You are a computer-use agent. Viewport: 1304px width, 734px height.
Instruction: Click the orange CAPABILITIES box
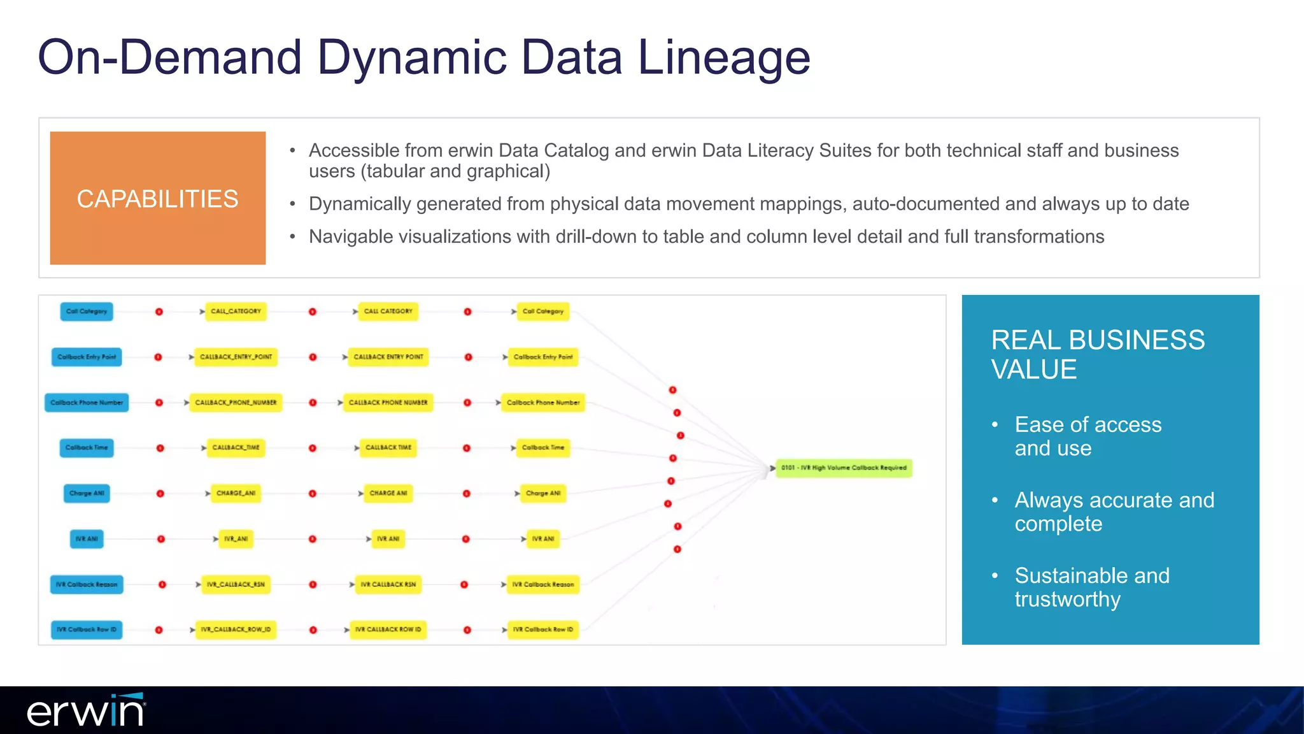157,198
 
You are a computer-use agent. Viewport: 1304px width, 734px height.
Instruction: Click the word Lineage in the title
723,57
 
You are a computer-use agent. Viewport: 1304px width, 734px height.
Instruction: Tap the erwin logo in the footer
86,710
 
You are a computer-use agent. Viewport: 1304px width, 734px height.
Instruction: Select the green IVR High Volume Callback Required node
844,468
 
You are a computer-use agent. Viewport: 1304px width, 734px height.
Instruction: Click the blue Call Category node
87,312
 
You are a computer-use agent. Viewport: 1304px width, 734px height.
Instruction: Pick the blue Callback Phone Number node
87,403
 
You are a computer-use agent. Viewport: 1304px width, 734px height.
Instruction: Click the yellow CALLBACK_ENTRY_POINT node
236,357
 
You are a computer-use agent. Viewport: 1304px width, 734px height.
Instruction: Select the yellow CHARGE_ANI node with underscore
236,493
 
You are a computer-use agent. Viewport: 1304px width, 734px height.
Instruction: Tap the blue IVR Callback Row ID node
87,630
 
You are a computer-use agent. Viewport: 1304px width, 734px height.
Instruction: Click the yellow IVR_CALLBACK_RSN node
236,584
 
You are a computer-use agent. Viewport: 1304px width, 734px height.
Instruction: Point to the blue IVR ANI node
87,539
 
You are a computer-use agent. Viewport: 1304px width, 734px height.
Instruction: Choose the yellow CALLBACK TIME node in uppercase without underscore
388,448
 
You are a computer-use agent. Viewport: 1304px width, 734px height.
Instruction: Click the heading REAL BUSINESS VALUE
1097,354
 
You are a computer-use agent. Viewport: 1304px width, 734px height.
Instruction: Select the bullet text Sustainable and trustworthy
1091,587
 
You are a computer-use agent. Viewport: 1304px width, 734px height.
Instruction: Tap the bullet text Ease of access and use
1088,436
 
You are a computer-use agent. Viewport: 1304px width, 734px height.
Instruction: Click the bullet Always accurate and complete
1114,512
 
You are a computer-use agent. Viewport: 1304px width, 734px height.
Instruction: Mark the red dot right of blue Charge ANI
160,494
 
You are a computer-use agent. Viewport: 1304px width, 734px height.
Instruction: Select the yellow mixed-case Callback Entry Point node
543,357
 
